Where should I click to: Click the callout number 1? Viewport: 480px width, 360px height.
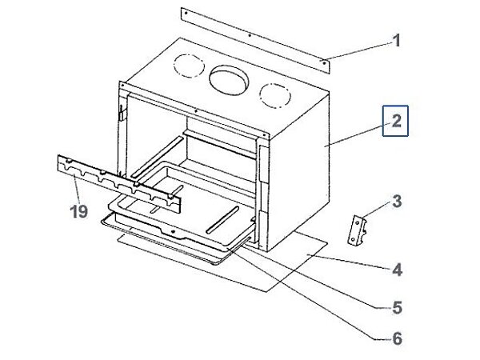pos(396,40)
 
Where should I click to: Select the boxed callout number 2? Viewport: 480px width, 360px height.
pos(396,122)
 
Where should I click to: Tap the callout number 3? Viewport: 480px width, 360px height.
pos(397,200)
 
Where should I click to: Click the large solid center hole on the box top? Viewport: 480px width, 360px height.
pos(230,78)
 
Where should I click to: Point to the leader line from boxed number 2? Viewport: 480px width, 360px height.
pos(358,134)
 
